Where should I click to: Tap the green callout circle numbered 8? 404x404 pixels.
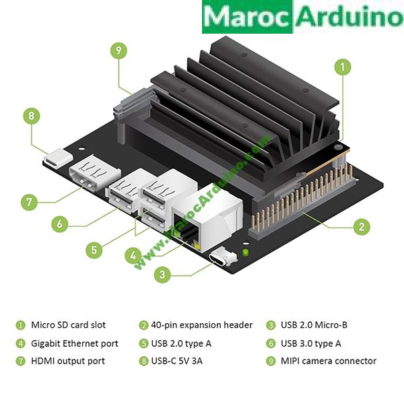(31, 115)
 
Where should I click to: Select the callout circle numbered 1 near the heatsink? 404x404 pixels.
(343, 67)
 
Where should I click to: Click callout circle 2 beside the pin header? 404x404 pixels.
(362, 227)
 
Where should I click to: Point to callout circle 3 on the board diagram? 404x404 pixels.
(161, 275)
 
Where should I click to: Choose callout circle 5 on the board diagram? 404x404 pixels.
(94, 250)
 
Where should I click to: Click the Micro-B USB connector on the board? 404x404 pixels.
(222, 259)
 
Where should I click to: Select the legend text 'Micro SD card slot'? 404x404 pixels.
(68, 325)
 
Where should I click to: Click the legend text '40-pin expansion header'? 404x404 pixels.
(202, 325)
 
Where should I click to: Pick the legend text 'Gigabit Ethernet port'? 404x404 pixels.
(74, 343)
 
